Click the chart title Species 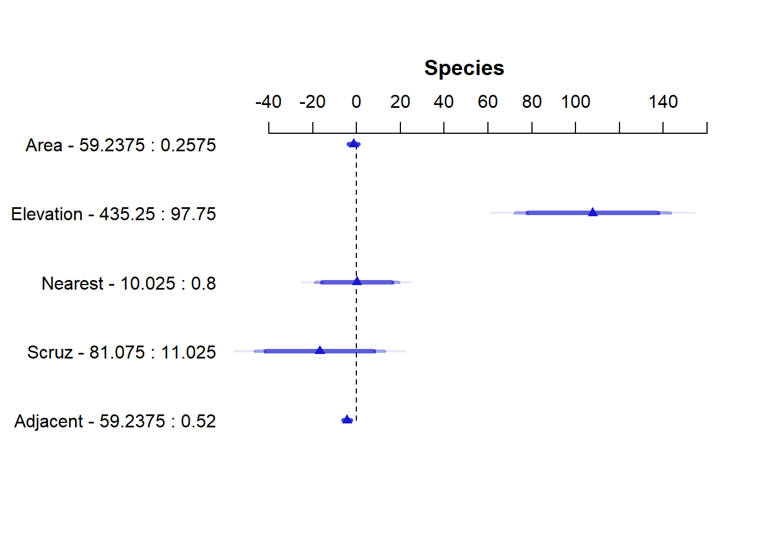click(464, 68)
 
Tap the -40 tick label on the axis click(268, 102)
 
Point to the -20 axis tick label click(312, 102)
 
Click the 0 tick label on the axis click(356, 102)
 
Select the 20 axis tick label click(400, 102)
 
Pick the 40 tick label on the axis click(444, 102)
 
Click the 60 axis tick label click(487, 102)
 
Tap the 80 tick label click(531, 102)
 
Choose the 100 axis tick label click(575, 102)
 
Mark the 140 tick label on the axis click(663, 102)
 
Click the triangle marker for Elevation click(592, 212)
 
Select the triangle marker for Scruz click(320, 351)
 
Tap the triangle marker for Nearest click(357, 281)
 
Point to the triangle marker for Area click(354, 143)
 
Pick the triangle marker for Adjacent click(347, 419)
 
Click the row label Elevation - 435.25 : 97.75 click(114, 215)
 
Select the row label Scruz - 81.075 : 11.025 click(121, 352)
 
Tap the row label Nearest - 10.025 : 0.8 click(129, 283)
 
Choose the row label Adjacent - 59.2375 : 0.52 click(115, 422)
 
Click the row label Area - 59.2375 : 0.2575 click(121, 146)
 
